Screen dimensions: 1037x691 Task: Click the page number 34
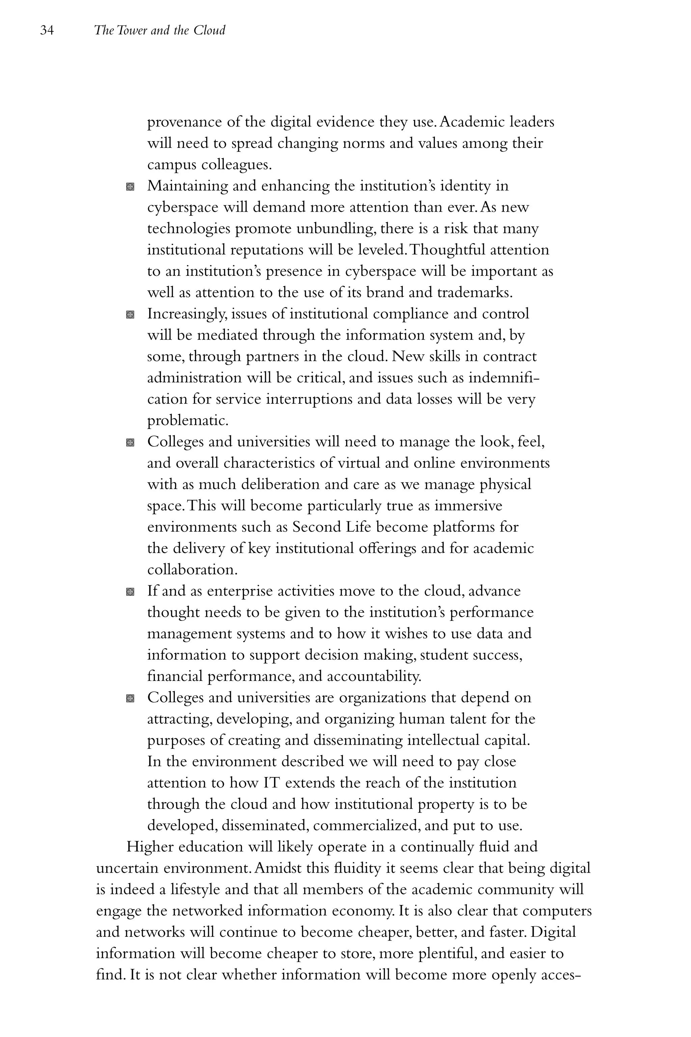[x=47, y=30]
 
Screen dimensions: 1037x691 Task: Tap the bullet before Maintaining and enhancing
[x=130, y=187]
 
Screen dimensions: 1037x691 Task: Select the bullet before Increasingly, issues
[x=130, y=315]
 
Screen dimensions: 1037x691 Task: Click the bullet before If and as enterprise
[x=130, y=592]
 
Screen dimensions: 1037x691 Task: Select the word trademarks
[x=474, y=293]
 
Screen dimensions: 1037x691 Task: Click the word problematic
[x=188, y=421]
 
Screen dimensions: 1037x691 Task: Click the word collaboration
[x=192, y=570]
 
